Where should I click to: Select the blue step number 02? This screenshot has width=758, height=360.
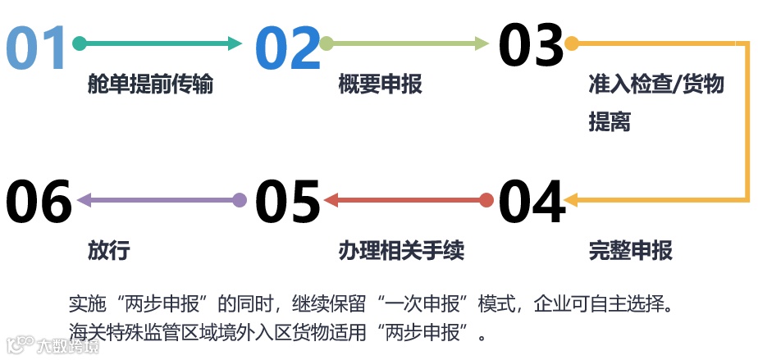click(x=286, y=47)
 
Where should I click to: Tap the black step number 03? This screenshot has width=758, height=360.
click(x=531, y=45)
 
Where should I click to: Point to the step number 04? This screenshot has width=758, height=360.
click(x=531, y=202)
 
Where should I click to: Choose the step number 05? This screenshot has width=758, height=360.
click(x=286, y=202)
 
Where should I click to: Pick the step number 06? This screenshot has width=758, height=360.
click(x=39, y=202)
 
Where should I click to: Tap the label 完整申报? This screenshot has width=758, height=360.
click(x=631, y=251)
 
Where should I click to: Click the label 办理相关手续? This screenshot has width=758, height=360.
click(x=401, y=251)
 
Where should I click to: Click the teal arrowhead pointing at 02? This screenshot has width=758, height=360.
click(x=235, y=43)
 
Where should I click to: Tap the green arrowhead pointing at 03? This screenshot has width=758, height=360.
click(x=482, y=43)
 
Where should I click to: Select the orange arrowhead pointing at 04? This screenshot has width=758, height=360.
click(x=573, y=199)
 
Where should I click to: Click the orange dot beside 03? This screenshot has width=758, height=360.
click(x=572, y=43)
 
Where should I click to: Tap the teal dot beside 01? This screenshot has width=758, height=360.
click(x=80, y=43)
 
